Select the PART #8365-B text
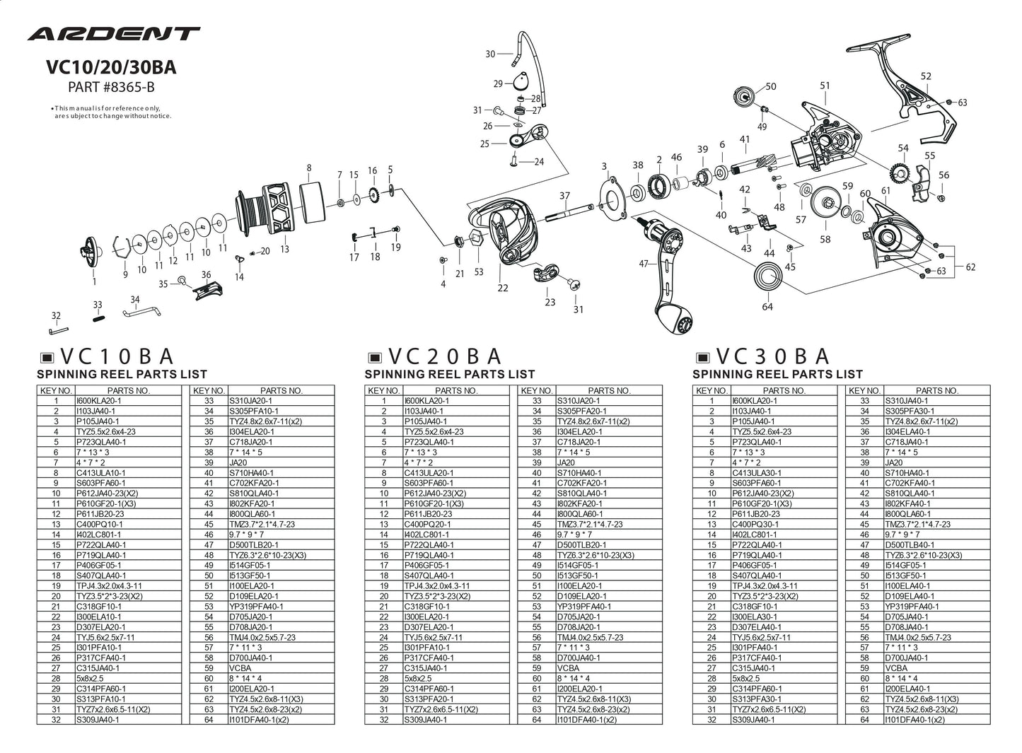[110, 88]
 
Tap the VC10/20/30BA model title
[110, 68]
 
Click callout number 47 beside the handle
[644, 264]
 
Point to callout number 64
[767, 306]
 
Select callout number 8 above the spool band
[309, 168]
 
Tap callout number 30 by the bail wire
[491, 54]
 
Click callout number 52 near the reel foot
[926, 76]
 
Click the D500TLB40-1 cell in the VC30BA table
[909, 544]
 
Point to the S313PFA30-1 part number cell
[757, 699]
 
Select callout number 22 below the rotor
[503, 287]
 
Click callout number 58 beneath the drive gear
[825, 239]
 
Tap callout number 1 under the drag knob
[94, 281]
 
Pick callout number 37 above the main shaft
[564, 195]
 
